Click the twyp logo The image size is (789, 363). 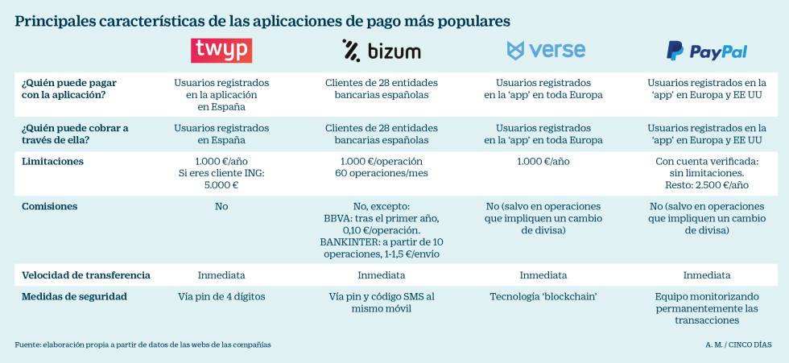pyautogui.click(x=221, y=51)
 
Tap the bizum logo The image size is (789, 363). pyautogui.click(x=381, y=52)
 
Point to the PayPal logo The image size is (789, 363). pyautogui.click(x=707, y=52)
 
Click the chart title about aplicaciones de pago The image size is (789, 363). pyautogui.click(x=262, y=20)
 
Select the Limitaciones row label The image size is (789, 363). pyautogui.click(x=52, y=161)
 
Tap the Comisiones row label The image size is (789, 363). pyautogui.click(x=49, y=206)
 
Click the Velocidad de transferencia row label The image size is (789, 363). pyautogui.click(x=85, y=275)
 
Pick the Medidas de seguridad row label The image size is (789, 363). pyautogui.click(x=74, y=296)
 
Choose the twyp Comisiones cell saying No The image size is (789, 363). pyautogui.click(x=221, y=206)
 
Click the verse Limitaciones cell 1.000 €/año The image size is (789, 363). pyautogui.click(x=543, y=161)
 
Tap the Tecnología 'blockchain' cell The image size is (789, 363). pyautogui.click(x=543, y=296)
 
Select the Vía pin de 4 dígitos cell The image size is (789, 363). pyautogui.click(x=221, y=296)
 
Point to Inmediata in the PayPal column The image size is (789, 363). pyautogui.click(x=707, y=275)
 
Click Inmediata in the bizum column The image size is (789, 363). pyautogui.click(x=381, y=275)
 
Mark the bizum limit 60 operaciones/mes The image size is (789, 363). pyautogui.click(x=381, y=173)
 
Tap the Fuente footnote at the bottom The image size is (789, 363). pyautogui.click(x=143, y=344)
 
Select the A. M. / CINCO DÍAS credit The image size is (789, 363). pyautogui.click(x=737, y=344)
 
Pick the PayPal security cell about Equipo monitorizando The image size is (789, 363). pyautogui.click(x=707, y=308)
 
